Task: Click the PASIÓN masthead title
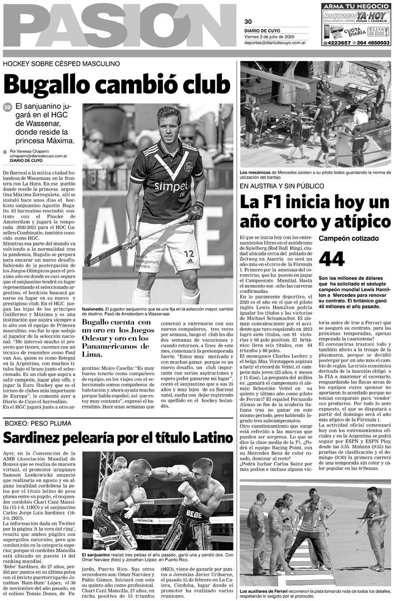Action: [119, 26]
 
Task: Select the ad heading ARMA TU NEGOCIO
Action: [356, 6]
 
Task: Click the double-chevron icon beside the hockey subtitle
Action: [7, 107]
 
